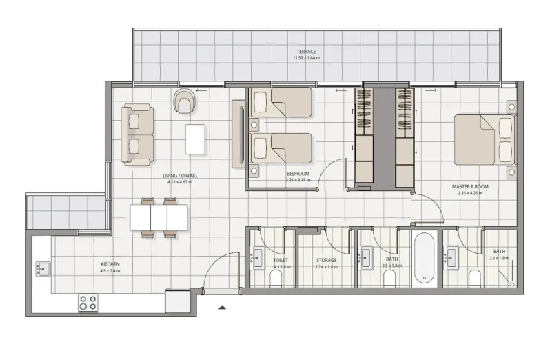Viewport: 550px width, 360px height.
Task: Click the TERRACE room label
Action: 306,52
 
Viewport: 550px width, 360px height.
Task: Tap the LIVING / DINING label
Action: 180,176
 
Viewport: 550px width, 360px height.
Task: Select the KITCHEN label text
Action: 110,264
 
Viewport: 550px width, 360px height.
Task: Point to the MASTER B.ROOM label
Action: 471,186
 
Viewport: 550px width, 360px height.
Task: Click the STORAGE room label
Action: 326,260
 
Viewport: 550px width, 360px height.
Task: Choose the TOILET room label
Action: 281,260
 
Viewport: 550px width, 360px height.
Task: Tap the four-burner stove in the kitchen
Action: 88,302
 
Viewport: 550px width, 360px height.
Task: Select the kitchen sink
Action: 42,268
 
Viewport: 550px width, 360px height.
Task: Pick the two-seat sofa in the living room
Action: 137,134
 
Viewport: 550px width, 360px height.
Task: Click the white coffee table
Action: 195,139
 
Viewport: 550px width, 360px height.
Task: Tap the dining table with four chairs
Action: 159,218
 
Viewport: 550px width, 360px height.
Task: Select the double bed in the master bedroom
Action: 484,139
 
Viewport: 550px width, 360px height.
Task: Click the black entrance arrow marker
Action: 222,308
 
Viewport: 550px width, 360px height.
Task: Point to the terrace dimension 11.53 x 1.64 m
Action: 306,59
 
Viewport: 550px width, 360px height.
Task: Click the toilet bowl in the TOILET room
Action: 276,277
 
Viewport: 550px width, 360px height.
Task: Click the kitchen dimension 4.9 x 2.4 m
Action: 110,271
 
